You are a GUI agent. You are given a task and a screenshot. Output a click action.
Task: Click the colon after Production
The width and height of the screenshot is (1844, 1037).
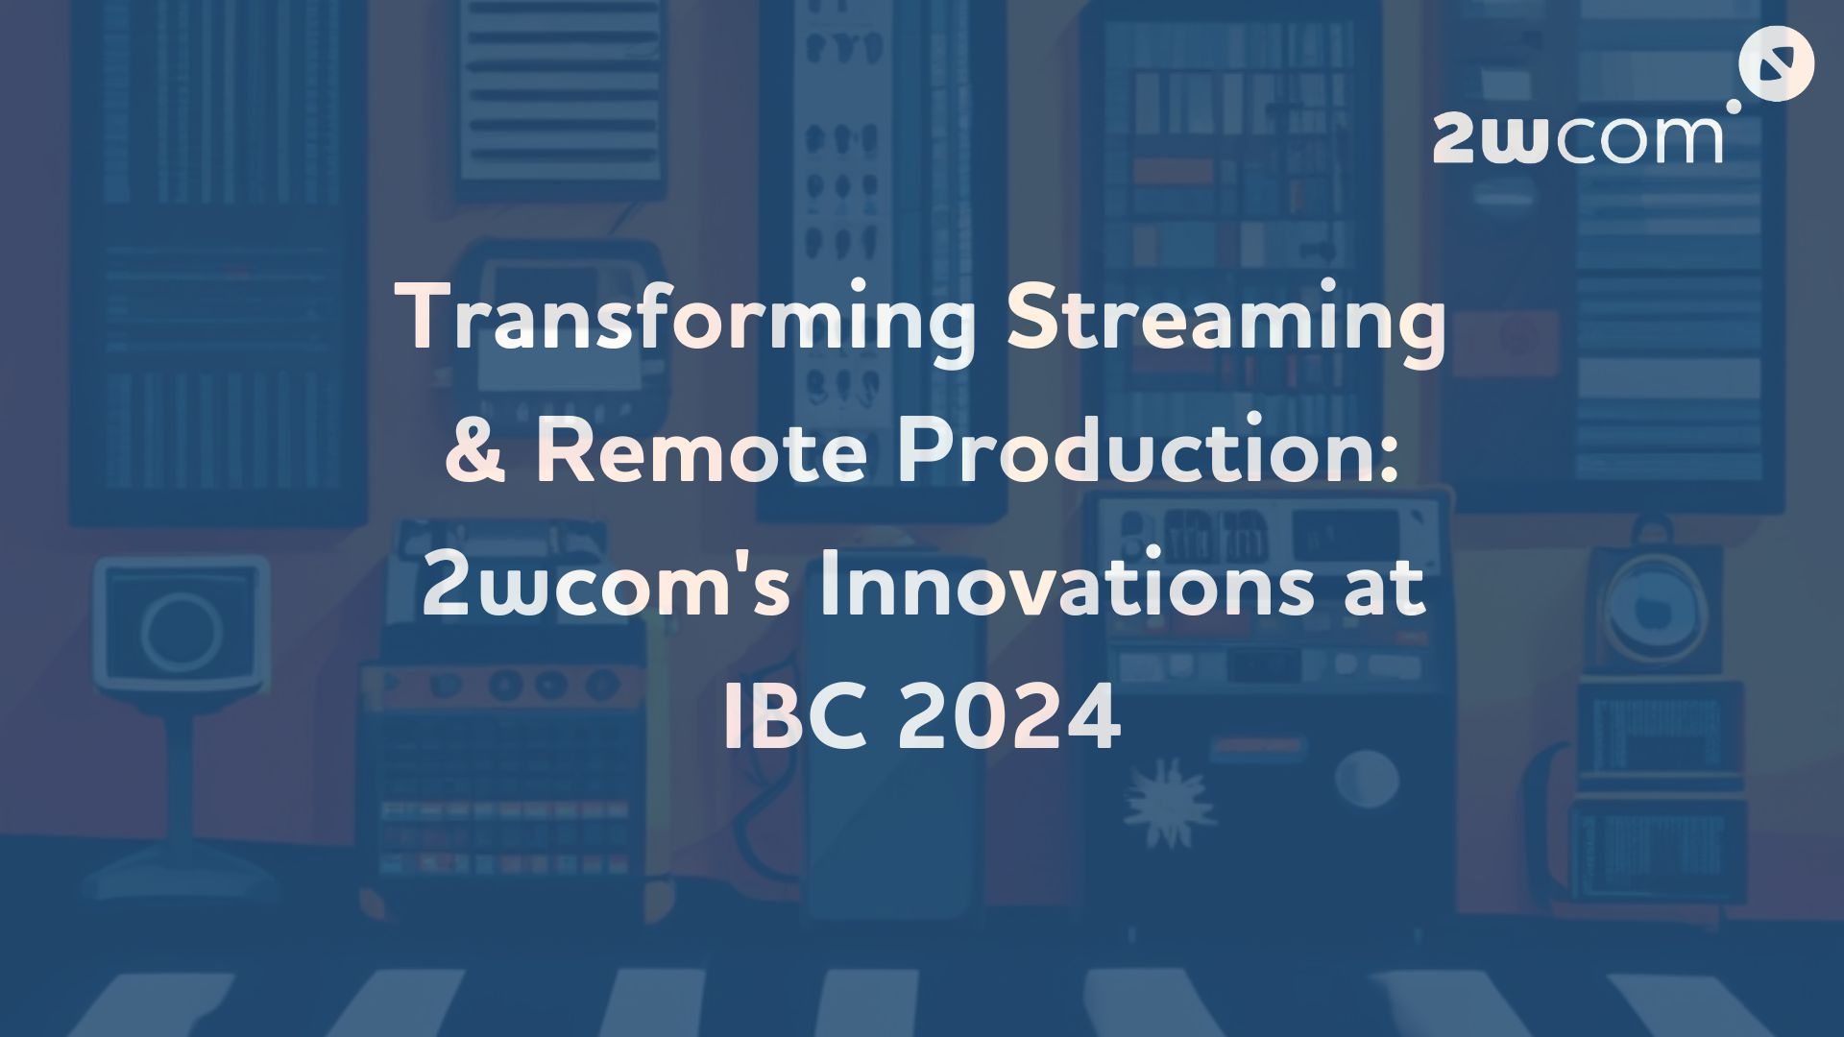pos(1384,459)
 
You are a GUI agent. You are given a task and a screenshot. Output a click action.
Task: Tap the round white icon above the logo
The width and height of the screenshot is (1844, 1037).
pos(1776,64)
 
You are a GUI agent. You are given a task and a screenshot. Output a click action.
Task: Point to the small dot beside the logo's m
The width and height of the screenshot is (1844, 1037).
pos(1734,106)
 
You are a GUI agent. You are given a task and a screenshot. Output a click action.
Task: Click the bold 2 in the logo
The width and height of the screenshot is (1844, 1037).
pos(1455,139)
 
